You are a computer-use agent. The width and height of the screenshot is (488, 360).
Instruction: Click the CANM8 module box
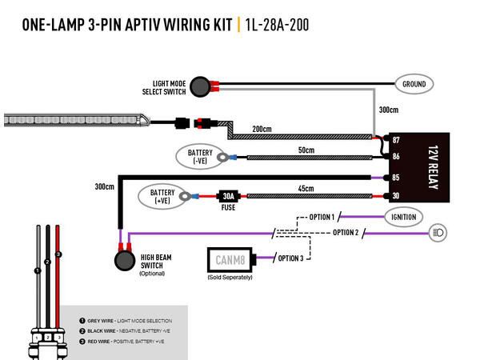click(x=230, y=260)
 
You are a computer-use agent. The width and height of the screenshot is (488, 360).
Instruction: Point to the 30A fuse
click(x=227, y=196)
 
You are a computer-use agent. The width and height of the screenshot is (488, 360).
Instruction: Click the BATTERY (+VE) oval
click(x=163, y=196)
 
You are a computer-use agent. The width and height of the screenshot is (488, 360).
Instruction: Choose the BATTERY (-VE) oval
click(x=201, y=156)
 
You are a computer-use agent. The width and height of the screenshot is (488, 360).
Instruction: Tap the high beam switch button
click(x=124, y=259)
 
